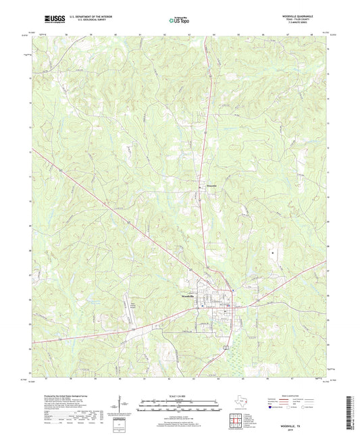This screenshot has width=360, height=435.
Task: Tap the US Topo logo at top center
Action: pyautogui.click(x=179, y=22)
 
